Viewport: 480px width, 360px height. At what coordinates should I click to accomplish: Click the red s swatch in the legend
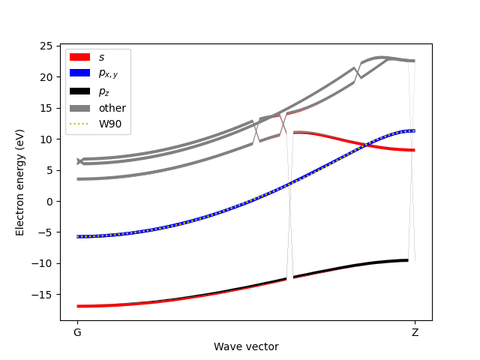pyautogui.click(x=79, y=57)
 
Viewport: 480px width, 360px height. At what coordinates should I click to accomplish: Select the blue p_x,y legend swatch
pyautogui.click(x=79, y=74)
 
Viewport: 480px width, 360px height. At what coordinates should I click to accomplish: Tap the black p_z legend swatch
pyautogui.click(x=79, y=91)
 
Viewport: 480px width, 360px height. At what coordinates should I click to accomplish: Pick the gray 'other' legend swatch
pyautogui.click(x=79, y=108)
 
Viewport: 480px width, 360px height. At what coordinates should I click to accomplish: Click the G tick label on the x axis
pyautogui.click(x=77, y=331)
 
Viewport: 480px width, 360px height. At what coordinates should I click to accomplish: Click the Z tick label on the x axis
pyautogui.click(x=415, y=331)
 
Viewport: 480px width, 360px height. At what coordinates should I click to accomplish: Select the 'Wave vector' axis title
pyautogui.click(x=246, y=346)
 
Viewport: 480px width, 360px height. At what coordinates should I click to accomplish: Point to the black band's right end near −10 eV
pyautogui.click(x=407, y=260)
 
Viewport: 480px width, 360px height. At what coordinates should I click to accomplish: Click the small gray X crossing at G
pyautogui.click(x=80, y=161)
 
